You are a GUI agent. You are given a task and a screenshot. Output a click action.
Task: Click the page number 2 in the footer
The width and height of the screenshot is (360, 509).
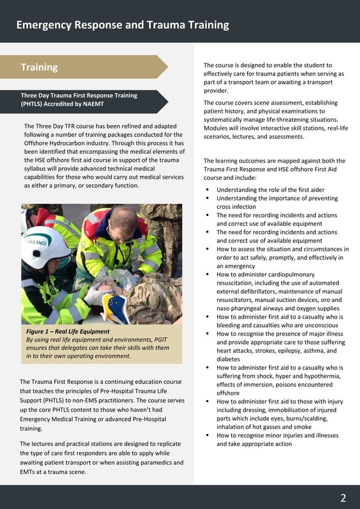(x=343, y=498)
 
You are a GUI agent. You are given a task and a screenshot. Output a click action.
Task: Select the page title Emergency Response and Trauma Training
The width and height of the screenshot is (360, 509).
(x=122, y=25)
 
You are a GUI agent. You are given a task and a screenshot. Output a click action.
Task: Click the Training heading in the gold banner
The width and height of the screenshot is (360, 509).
(x=39, y=67)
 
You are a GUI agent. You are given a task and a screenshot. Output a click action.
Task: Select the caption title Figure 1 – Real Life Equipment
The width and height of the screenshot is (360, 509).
(x=68, y=331)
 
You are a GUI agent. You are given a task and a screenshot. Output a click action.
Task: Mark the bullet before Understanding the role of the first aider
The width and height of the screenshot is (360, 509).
(x=208, y=190)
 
